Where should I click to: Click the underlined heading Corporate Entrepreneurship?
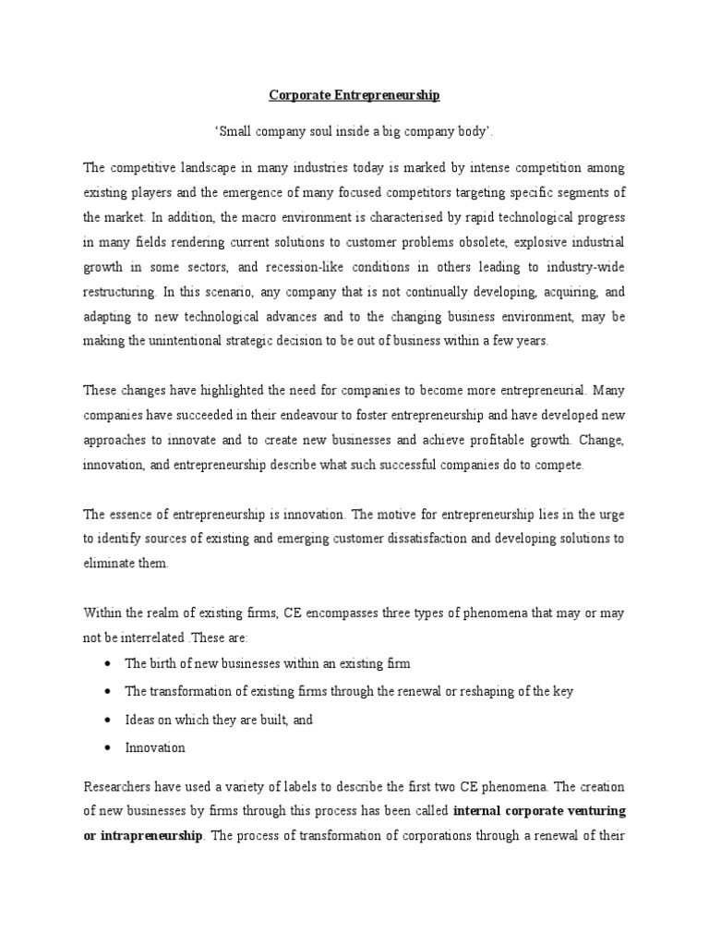click(354, 95)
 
